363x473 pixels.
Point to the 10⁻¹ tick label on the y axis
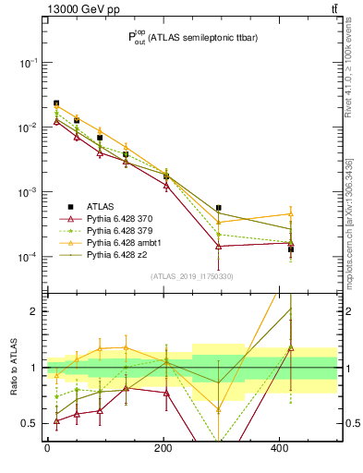(x=27, y=63)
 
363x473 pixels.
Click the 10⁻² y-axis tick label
(x=27, y=127)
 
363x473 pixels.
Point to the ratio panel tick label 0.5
(x=31, y=423)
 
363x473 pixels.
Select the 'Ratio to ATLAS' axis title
(x=11, y=368)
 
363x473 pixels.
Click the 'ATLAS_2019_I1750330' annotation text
(x=191, y=276)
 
